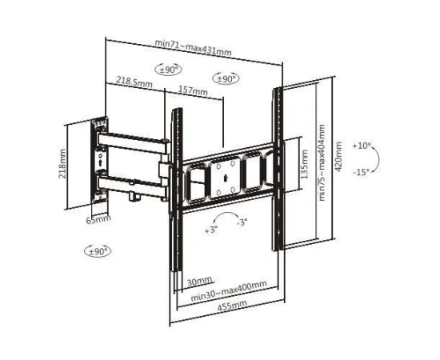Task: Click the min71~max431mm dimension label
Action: tap(193, 47)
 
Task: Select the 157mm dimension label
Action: tap(193, 90)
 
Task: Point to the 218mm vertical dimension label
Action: tap(62, 163)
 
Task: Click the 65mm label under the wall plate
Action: tap(98, 219)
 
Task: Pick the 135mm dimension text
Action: tap(304, 165)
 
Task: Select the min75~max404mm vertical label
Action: tap(322, 162)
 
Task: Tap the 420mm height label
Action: tap(338, 157)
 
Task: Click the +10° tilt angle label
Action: tap(362, 146)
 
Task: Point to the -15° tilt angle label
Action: tap(361, 172)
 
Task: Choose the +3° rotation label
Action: tap(211, 230)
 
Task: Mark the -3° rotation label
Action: tap(242, 222)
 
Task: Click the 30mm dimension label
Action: tap(199, 282)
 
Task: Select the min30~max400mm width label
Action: tap(229, 290)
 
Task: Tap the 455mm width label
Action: tap(232, 306)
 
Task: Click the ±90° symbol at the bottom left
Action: tap(98, 251)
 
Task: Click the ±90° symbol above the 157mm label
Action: tap(226, 79)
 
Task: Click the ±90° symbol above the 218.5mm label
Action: tap(168, 70)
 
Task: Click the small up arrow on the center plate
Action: tap(225, 178)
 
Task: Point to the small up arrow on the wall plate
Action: tap(100, 162)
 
